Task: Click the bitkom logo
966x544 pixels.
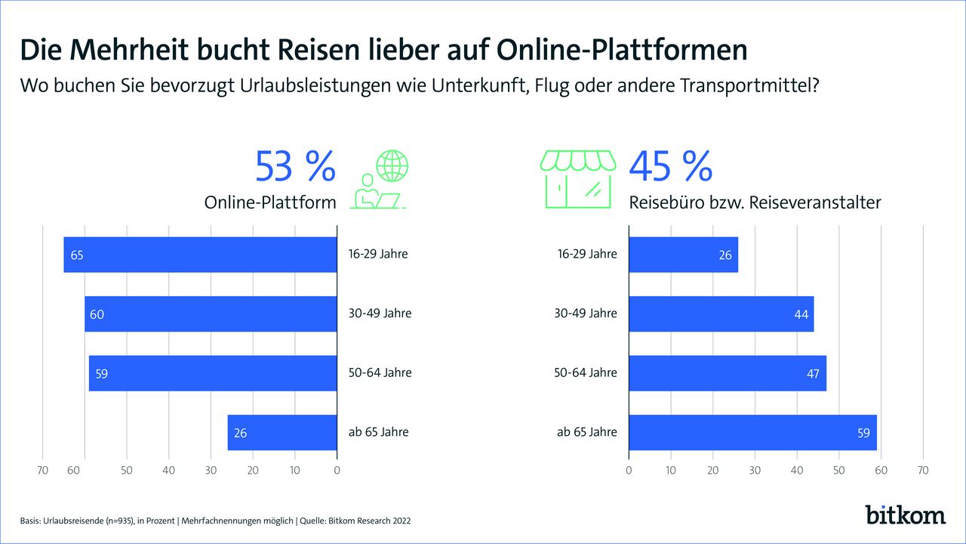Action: (x=905, y=515)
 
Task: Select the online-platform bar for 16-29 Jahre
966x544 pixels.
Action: (x=200, y=255)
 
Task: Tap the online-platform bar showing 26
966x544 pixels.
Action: (x=282, y=433)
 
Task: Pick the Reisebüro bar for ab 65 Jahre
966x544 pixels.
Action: (x=752, y=433)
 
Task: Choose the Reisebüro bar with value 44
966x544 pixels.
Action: (x=721, y=314)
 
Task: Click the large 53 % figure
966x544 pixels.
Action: (x=295, y=167)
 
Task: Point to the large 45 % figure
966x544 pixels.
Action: (x=671, y=167)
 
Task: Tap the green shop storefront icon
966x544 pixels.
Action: (x=575, y=178)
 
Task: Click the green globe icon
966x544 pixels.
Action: (x=392, y=165)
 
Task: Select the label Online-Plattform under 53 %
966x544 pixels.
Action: (x=269, y=203)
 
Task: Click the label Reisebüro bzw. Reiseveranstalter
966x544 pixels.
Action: (x=755, y=203)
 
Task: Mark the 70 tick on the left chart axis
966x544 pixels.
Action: (x=42, y=471)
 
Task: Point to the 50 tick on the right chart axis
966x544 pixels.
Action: (x=838, y=471)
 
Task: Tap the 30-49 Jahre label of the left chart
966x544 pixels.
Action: (x=380, y=314)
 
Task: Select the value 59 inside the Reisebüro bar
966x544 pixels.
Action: (x=863, y=434)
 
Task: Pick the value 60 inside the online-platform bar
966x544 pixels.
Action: (x=97, y=314)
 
